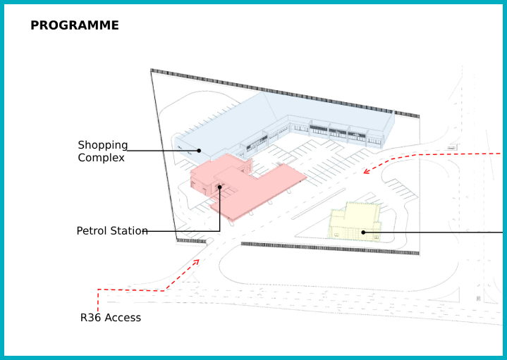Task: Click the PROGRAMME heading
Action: (74, 26)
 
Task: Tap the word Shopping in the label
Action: (103, 145)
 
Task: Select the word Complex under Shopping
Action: (101, 158)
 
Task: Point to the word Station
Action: (130, 231)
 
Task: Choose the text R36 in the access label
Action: (90, 318)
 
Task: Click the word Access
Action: (123, 318)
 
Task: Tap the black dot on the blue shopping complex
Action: (200, 150)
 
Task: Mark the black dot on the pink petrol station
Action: (220, 187)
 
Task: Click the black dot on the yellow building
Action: (363, 232)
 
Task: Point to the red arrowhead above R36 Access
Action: (197, 261)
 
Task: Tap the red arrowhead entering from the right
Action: (366, 170)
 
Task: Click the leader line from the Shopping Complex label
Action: (162, 150)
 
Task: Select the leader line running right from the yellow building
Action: (437, 232)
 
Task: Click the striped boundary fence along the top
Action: (282, 91)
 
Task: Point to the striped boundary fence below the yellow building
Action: (331, 249)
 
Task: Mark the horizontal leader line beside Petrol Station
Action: (183, 231)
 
